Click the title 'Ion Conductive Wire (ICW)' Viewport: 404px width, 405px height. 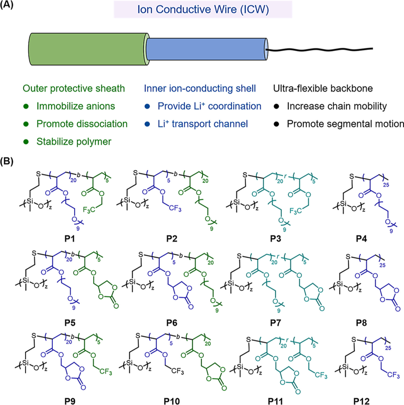203,10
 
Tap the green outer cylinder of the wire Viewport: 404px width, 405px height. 88,49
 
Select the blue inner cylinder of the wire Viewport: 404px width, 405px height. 206,49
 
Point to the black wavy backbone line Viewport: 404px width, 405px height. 319,49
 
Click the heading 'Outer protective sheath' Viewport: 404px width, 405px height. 74,89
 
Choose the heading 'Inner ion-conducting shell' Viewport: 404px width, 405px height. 200,89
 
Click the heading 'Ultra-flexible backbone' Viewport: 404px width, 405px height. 323,89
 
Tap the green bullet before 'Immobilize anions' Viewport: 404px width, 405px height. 26,106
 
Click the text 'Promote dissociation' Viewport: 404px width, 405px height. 82,124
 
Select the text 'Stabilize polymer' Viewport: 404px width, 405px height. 74,142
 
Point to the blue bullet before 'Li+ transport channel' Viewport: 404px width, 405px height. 147,124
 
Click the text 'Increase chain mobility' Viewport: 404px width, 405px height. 337,106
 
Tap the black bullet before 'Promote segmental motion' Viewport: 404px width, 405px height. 276,124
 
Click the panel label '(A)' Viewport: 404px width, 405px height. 7,5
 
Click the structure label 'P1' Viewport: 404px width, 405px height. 70,239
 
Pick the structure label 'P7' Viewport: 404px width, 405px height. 275,323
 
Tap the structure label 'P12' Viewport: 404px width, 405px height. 361,401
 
